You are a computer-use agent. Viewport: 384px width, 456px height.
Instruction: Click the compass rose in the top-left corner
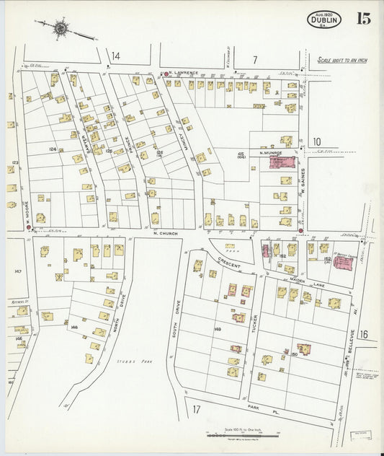[61, 29]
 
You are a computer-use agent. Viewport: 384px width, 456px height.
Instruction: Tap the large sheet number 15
[362, 19]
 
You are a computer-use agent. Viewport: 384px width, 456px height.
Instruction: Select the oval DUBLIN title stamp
[323, 20]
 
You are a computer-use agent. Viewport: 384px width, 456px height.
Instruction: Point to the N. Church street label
[165, 233]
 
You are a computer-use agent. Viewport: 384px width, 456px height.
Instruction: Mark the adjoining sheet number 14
[115, 56]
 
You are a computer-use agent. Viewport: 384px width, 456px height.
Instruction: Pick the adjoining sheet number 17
[196, 410]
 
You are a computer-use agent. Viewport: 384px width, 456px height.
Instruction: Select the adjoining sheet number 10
[316, 141]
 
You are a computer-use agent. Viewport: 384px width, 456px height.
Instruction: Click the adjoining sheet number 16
[363, 334]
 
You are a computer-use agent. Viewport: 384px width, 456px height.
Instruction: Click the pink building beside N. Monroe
[282, 162]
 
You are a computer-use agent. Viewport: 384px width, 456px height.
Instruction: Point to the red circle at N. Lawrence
[166, 74]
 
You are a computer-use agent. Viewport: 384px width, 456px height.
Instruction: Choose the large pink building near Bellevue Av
[343, 263]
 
